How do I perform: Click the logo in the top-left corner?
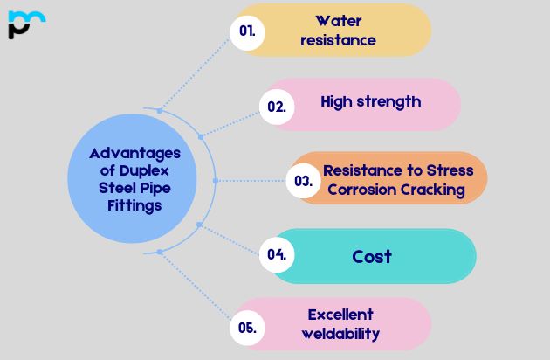(x=25, y=24)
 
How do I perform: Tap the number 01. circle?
(x=248, y=31)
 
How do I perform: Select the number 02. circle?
(x=277, y=107)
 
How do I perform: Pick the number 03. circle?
(x=304, y=181)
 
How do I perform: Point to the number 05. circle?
(x=247, y=328)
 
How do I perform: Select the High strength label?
(x=370, y=101)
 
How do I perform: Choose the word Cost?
(x=372, y=256)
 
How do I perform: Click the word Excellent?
(x=340, y=315)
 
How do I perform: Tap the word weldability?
(x=340, y=334)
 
